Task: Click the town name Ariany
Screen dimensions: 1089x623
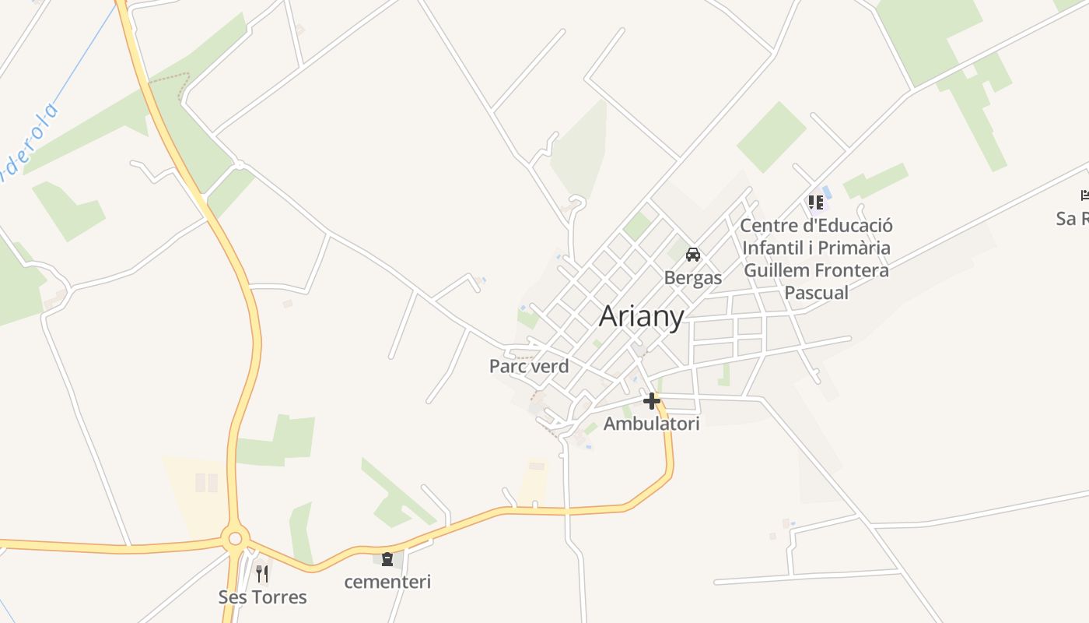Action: (642, 316)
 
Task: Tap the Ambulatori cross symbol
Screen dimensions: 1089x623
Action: (652, 401)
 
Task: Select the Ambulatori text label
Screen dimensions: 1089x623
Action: (652, 424)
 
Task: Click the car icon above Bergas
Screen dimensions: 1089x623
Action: (693, 255)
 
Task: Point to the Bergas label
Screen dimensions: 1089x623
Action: (693, 277)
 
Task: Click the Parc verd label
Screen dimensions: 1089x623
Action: (529, 366)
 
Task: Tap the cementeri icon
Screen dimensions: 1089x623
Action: (387, 558)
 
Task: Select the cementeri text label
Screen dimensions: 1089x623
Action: (387, 582)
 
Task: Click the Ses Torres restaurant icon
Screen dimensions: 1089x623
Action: (262, 574)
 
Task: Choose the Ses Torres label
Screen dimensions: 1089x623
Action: (262, 597)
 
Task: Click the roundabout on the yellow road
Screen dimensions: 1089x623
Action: (235, 537)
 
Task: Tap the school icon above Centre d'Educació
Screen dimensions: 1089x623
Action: (816, 202)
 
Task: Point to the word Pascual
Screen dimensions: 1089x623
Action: (816, 293)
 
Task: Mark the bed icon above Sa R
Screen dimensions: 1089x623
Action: (1084, 195)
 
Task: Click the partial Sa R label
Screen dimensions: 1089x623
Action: (1072, 218)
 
